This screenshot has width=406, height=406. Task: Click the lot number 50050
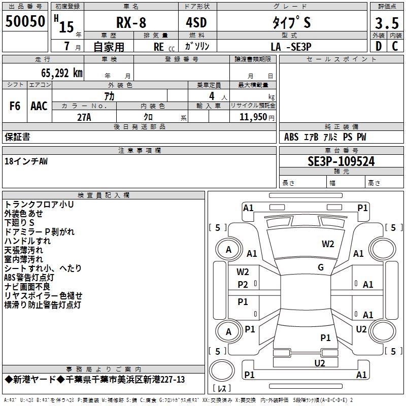click(25, 22)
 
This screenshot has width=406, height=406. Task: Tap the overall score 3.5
click(387, 23)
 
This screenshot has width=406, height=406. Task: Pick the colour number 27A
click(84, 117)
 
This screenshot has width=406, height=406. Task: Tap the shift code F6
click(15, 106)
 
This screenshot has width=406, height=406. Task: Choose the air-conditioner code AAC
click(39, 106)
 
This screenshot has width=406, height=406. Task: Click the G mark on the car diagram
click(320, 267)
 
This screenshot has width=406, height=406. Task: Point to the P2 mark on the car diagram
click(243, 285)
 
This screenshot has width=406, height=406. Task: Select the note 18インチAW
click(26, 161)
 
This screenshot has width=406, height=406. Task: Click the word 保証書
click(17, 137)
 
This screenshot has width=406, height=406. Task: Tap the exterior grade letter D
click(378, 45)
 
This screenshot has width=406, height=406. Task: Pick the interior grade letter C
click(395, 45)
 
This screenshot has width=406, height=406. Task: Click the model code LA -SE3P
click(291, 46)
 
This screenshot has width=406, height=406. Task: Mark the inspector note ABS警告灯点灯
click(29, 278)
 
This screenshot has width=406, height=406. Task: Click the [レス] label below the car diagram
click(222, 389)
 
